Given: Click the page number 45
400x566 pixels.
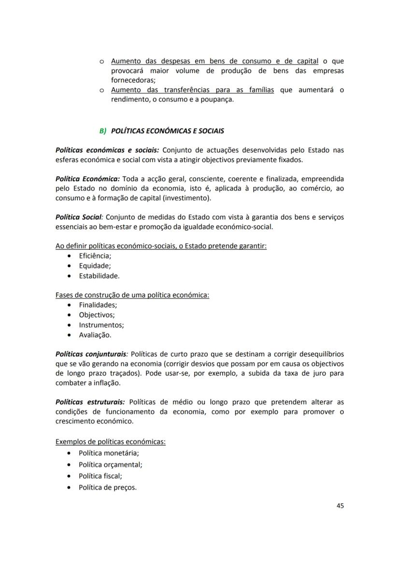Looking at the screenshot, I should click(340, 506).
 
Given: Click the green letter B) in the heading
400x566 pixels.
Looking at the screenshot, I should click(102, 131).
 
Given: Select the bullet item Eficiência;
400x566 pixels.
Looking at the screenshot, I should click(95, 256).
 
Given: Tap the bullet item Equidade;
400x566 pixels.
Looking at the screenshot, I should click(95, 266).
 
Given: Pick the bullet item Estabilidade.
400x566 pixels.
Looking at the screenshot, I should click(99, 276).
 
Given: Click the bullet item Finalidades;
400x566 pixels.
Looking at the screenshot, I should click(98, 305).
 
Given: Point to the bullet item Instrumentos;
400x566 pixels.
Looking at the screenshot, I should click(101, 325).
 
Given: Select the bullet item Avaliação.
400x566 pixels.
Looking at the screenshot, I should click(95, 335).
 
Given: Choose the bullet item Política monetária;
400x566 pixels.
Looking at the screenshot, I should click(108, 453).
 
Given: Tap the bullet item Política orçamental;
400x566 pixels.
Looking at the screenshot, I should click(110, 465).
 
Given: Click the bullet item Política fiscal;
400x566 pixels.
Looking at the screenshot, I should click(100, 476).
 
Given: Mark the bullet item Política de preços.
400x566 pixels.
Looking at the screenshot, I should click(107, 487).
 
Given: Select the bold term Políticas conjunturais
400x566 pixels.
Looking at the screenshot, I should click(91, 354).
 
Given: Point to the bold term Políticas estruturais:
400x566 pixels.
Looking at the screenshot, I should click(90, 402).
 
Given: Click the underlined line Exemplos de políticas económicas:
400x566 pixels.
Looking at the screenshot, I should click(111, 442).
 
